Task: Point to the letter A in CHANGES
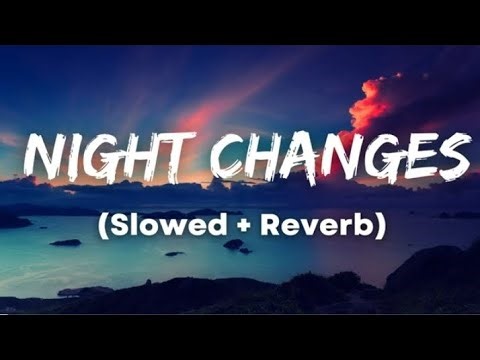tap(302, 157)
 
